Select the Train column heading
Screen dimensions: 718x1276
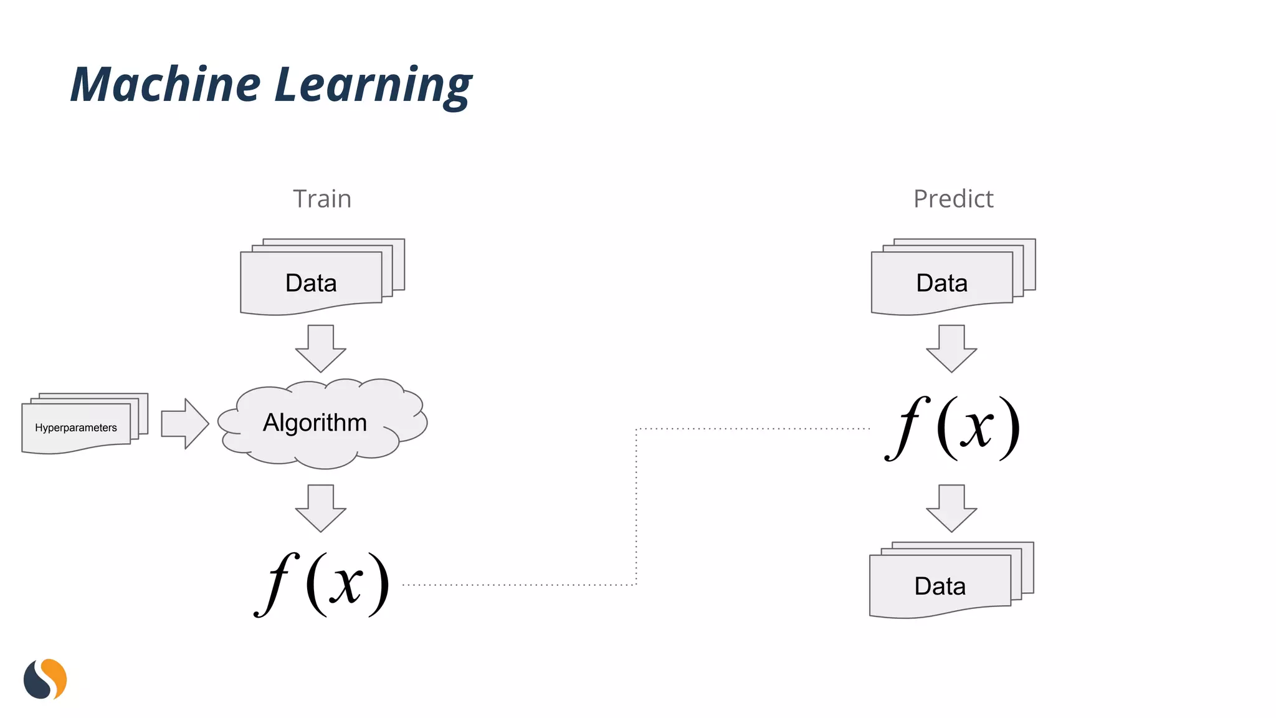point(322,199)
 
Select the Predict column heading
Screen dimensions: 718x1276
point(953,199)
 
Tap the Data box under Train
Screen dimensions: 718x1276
point(312,282)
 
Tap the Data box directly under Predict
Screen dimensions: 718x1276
point(942,282)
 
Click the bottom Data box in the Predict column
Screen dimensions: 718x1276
point(940,586)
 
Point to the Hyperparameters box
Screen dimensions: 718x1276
point(76,428)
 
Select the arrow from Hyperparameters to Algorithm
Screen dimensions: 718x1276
point(184,424)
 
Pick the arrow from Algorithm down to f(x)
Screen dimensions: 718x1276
point(321,507)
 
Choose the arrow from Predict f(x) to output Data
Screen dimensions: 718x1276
point(951,507)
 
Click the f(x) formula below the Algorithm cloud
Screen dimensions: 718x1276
point(322,585)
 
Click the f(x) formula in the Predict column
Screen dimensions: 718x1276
point(953,428)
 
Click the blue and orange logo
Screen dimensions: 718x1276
point(45,679)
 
